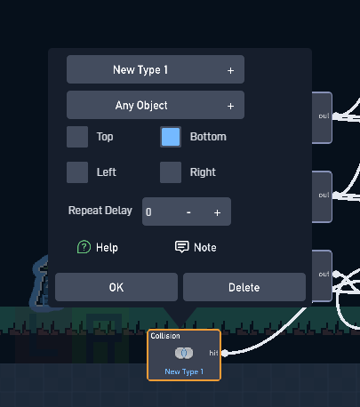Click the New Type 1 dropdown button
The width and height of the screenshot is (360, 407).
tap(156, 69)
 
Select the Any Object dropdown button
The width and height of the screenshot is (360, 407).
tap(156, 105)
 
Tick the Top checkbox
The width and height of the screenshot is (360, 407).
tap(77, 137)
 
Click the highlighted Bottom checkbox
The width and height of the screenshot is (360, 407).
tap(171, 137)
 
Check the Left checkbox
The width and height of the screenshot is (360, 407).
tap(77, 172)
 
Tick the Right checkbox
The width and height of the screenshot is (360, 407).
tap(171, 172)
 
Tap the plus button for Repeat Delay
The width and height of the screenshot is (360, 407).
tap(217, 212)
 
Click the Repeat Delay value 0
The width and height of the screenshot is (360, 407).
tap(148, 212)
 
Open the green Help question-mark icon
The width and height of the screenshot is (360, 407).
tap(84, 247)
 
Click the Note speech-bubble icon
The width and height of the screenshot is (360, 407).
tap(181, 246)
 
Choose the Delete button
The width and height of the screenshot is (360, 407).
tap(244, 287)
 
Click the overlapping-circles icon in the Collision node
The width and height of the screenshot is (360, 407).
tap(184, 353)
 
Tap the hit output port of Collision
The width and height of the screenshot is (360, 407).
tap(225, 353)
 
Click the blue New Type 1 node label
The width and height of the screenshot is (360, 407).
tap(184, 371)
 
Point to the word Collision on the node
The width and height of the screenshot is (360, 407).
tap(165, 336)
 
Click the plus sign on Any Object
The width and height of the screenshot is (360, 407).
tap(230, 106)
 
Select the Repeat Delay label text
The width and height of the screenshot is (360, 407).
tap(100, 211)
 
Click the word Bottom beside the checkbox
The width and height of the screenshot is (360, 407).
tap(208, 137)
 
